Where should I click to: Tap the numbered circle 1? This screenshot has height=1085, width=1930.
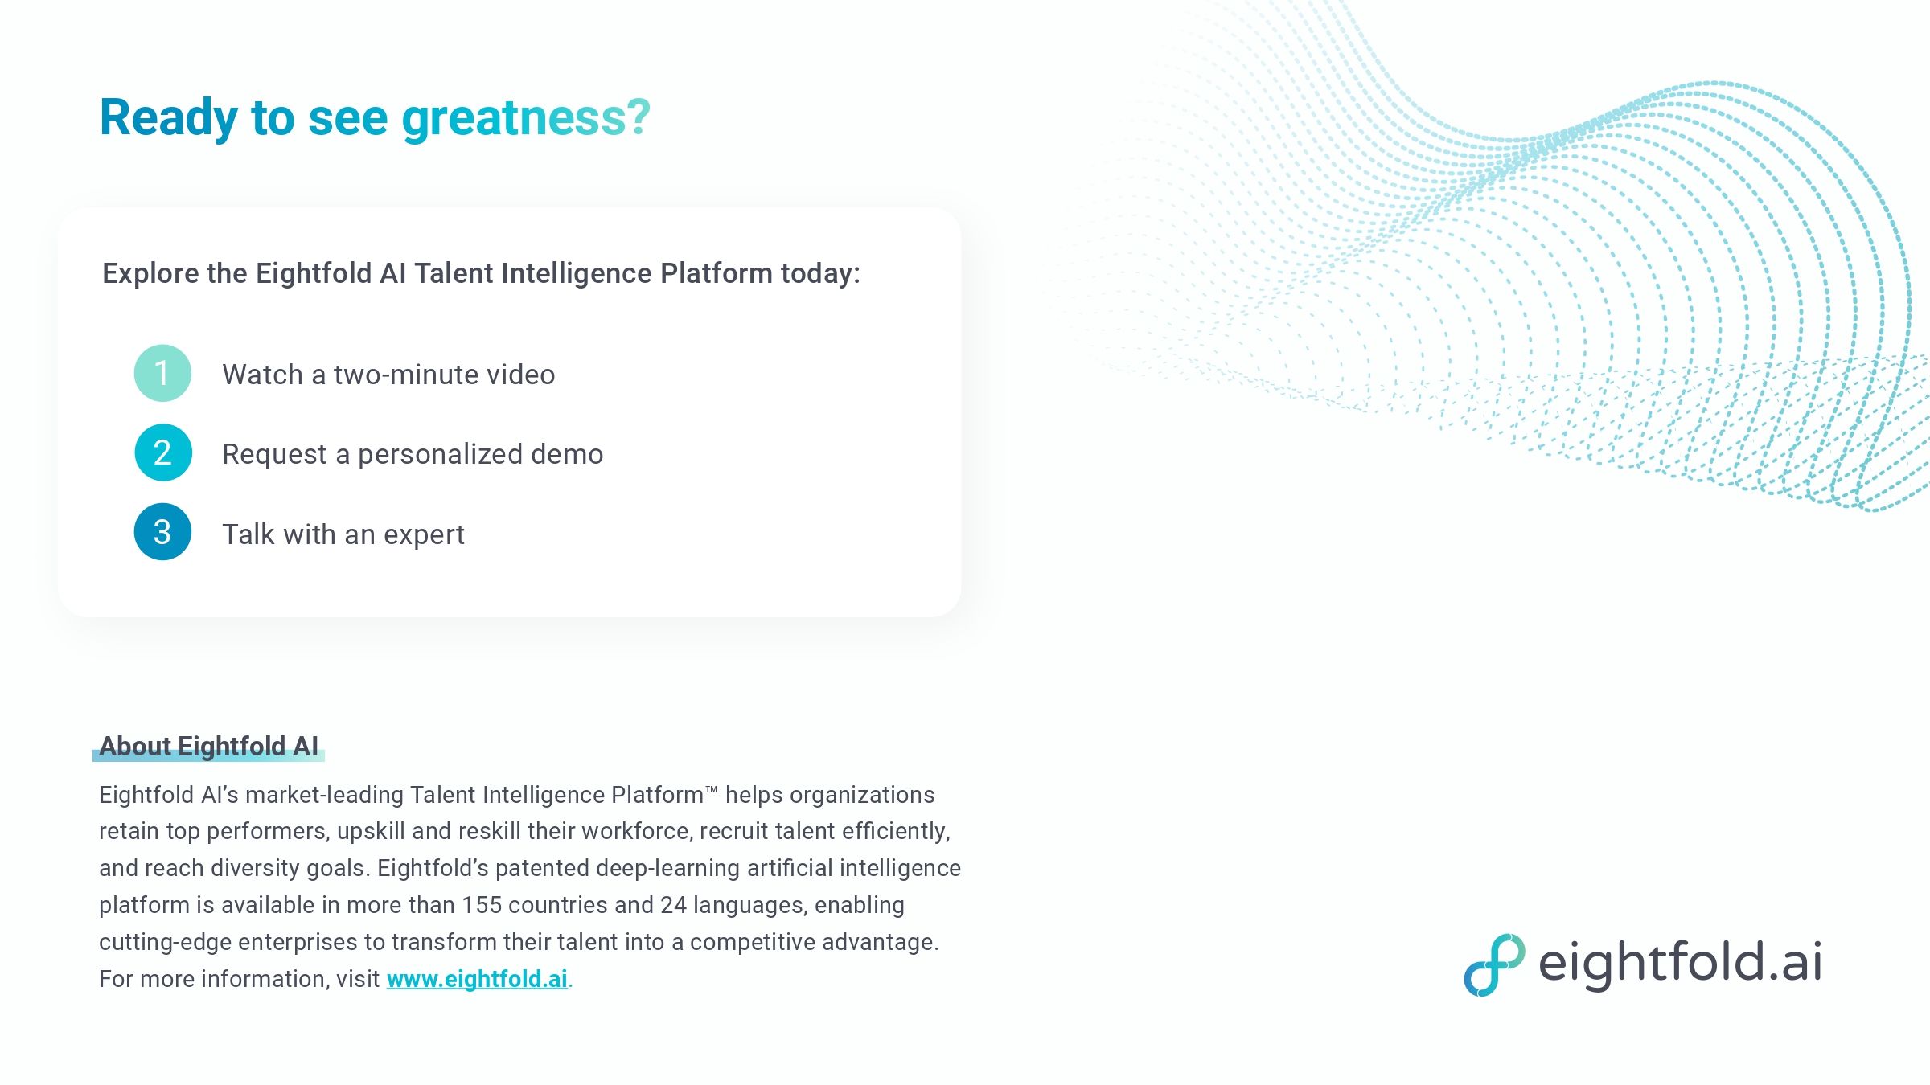[x=162, y=374]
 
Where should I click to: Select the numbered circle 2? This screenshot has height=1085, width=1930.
[x=162, y=452]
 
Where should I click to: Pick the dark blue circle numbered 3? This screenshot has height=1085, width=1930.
[x=162, y=532]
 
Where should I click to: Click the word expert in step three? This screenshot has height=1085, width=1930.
[x=424, y=535]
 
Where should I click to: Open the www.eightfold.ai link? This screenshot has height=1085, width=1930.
[x=477, y=979]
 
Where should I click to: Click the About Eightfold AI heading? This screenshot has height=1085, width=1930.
[x=209, y=747]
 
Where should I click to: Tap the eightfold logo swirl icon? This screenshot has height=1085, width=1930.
[x=1493, y=964]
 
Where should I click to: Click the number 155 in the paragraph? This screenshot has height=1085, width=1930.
[x=481, y=905]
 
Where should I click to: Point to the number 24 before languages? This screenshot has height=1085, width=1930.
[x=673, y=905]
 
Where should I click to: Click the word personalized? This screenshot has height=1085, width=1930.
[x=440, y=454]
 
